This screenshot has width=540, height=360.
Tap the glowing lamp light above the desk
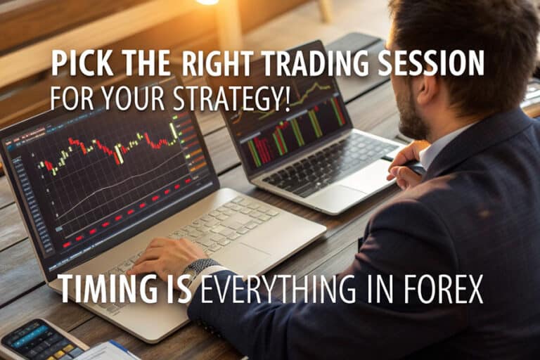pos(207,2)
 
